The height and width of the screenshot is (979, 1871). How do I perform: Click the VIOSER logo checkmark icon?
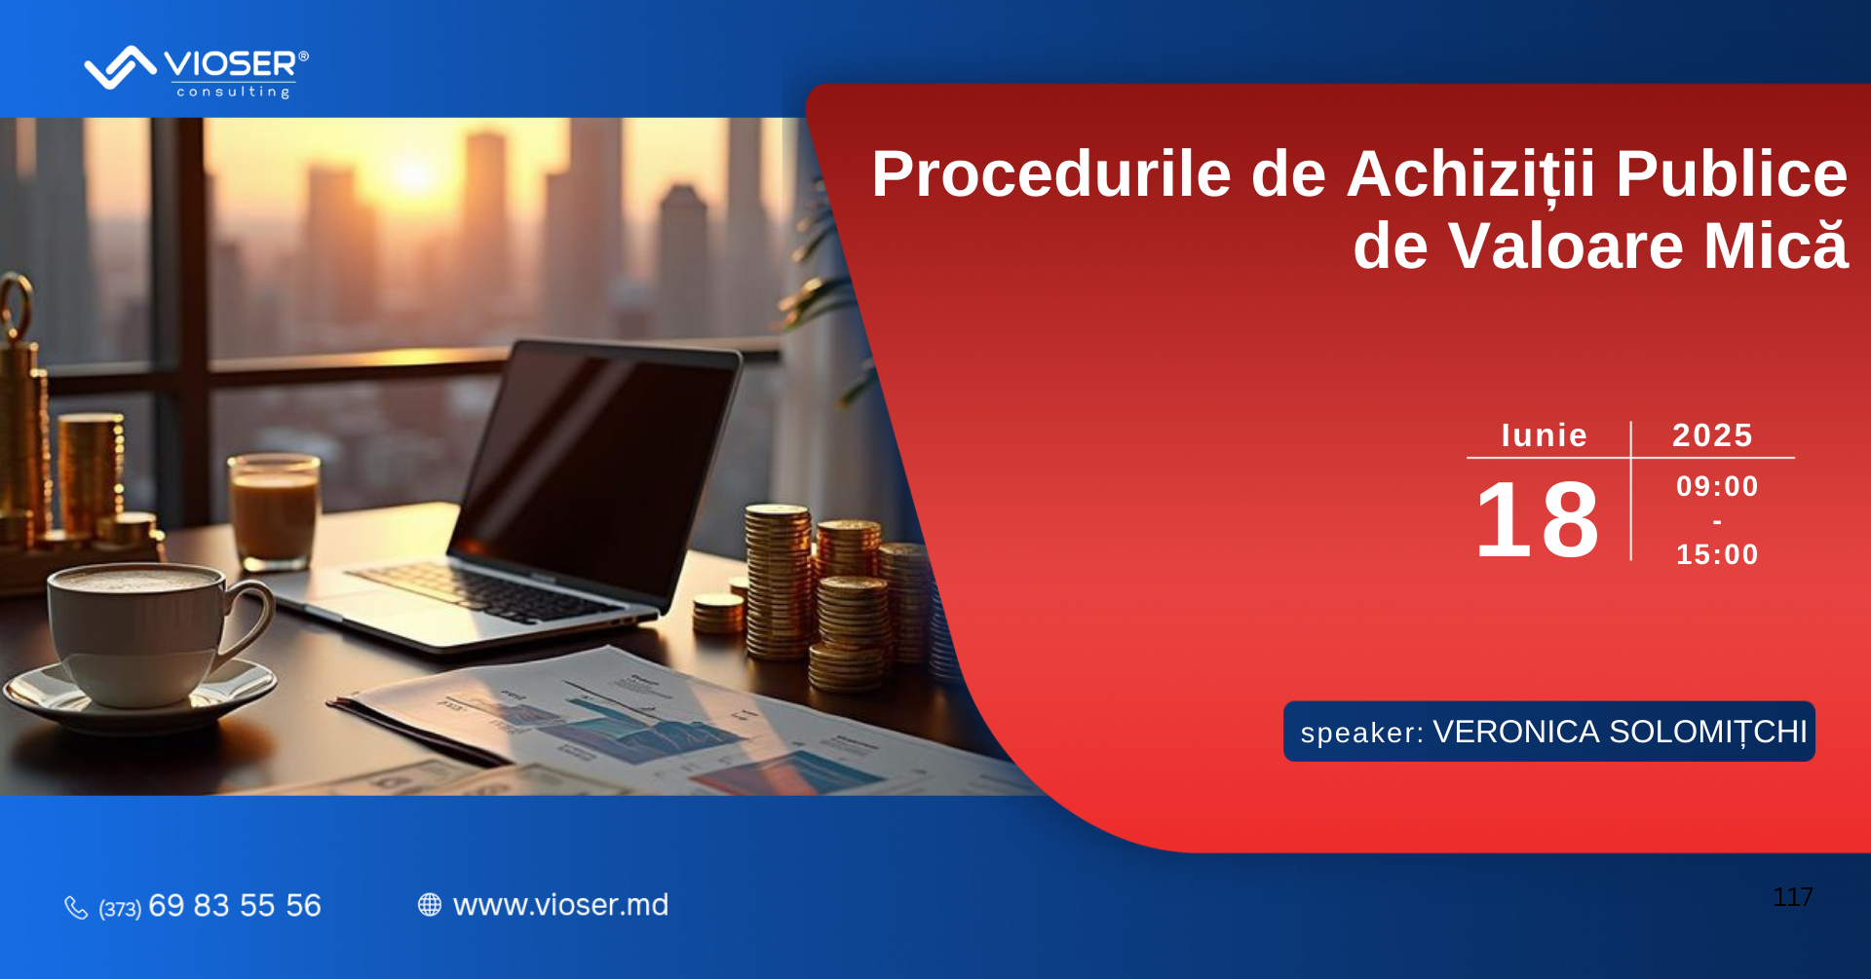(x=121, y=67)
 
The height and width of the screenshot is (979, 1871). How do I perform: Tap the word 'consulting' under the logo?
(x=233, y=92)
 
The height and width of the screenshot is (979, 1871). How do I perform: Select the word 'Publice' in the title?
(x=1732, y=174)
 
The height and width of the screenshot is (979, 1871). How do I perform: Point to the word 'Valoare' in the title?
(x=1566, y=245)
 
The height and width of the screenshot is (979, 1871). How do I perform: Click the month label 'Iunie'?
(x=1545, y=435)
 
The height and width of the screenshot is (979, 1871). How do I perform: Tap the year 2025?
(x=1712, y=435)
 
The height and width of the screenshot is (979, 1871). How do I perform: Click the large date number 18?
(x=1538, y=520)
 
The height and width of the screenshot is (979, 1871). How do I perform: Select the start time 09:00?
(x=1717, y=486)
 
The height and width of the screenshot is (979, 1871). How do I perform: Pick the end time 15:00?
(x=1717, y=554)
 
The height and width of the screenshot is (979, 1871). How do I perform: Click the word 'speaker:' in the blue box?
(x=1362, y=733)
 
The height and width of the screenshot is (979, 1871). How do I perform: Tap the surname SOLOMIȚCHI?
(x=1708, y=732)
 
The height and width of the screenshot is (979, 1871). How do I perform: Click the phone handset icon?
(x=76, y=907)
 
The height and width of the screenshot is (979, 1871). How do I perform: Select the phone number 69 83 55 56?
(x=235, y=905)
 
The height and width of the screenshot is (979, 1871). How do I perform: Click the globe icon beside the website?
(x=430, y=905)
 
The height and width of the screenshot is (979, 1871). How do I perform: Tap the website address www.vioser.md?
(x=561, y=905)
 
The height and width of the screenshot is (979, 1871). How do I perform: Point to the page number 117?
(x=1793, y=897)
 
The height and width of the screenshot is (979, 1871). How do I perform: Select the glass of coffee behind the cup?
(x=274, y=511)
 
